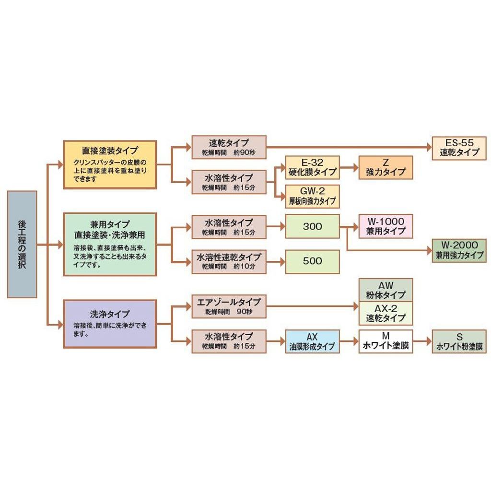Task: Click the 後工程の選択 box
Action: tap(22, 244)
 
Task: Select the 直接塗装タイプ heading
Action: tap(110, 150)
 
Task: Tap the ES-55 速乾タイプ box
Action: tap(459, 148)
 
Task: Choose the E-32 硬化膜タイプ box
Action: tap(312, 167)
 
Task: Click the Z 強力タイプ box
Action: tap(386, 167)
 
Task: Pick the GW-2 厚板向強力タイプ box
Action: tap(312, 196)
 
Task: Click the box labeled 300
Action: tap(312, 226)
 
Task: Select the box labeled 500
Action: tap(312, 261)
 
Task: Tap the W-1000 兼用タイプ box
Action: tap(386, 226)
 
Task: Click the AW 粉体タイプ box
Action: tap(386, 290)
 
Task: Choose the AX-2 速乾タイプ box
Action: tap(386, 314)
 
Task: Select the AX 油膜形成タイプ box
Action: tap(312, 341)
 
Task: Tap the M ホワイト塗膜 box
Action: tap(386, 341)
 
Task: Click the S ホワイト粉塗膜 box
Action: tap(459, 341)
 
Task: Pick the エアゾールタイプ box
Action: tap(229, 306)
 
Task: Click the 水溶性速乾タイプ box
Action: tap(229, 261)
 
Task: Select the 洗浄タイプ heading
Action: tap(110, 314)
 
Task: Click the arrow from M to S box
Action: tap(422, 341)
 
